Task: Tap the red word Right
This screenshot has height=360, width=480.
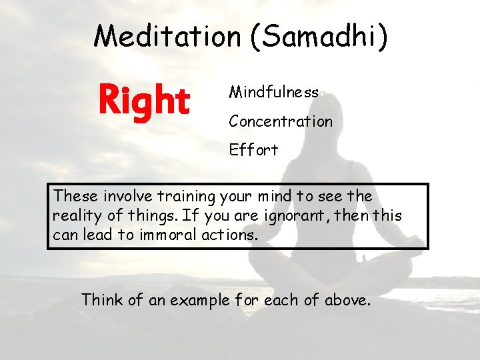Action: pyautogui.click(x=144, y=101)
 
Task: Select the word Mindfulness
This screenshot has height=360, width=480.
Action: pyautogui.click(x=273, y=92)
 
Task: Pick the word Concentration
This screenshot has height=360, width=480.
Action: pyautogui.click(x=280, y=121)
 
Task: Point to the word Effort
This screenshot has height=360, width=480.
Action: pyautogui.click(x=253, y=150)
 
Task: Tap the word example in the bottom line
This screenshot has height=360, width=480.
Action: pyautogui.click(x=199, y=301)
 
